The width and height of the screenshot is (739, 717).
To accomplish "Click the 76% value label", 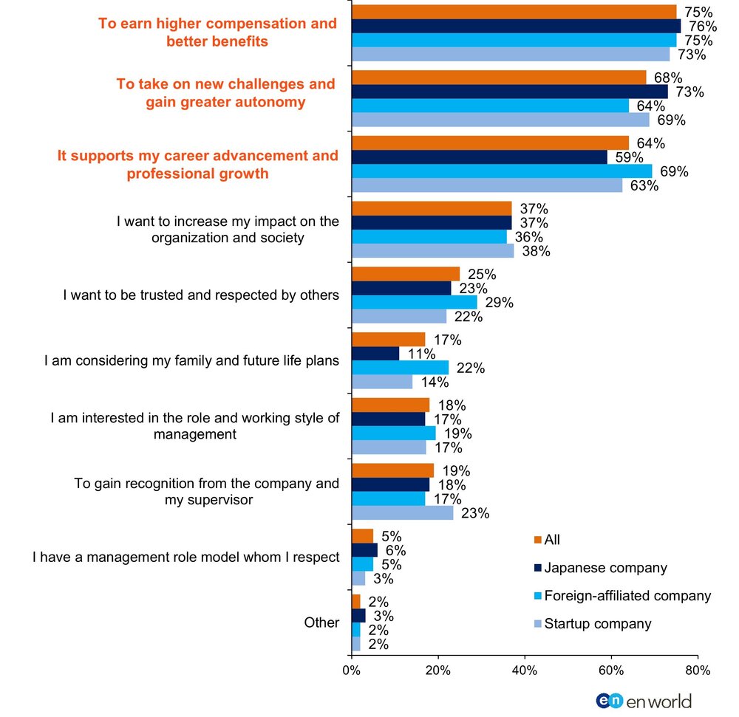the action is coord(703,26).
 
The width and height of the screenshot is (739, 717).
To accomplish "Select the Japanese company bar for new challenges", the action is coord(510,92).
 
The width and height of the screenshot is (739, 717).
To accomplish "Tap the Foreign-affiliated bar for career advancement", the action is coord(502,171).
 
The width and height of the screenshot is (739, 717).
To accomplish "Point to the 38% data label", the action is coord(536,251).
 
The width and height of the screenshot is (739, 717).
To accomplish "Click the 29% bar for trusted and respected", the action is coord(415,302).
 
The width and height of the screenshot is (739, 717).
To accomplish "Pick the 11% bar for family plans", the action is coord(375,354).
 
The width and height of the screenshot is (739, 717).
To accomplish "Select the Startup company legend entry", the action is coord(593,624).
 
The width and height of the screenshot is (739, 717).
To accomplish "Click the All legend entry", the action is coord(547,540).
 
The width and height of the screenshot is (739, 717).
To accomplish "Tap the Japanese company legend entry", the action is coord(600,568).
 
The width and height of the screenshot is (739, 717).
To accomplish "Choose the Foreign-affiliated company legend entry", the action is coord(622,596).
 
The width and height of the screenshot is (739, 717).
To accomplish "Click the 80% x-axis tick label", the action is coord(698,670).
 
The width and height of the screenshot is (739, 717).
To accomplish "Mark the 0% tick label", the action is coord(351,670).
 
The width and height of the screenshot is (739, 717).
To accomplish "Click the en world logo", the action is coord(644,701).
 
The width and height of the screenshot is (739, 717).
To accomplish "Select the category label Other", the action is coord(321,622).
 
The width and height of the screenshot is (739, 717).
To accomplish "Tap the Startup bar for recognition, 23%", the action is coord(403,512).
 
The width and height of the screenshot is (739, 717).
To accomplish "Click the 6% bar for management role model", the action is coord(365,550).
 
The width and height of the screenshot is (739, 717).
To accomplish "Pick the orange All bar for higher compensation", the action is coord(514,12).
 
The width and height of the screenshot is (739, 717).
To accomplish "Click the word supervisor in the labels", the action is coord(220,499).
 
